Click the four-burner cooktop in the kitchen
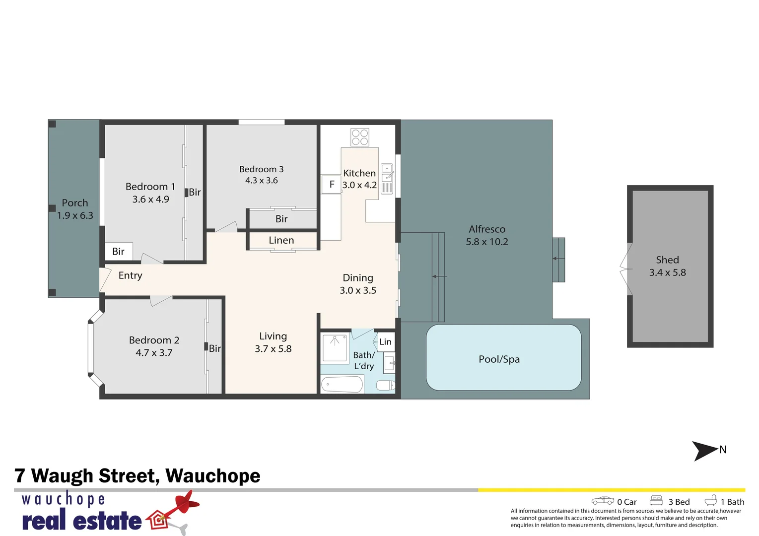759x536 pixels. [x=360, y=137]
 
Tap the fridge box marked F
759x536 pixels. [x=331, y=185]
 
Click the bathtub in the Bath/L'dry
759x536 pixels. [x=342, y=384]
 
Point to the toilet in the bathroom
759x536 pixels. [x=385, y=385]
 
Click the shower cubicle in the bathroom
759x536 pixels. [x=336, y=347]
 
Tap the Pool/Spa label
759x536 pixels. [x=499, y=359]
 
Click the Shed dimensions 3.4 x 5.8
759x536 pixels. [x=667, y=272]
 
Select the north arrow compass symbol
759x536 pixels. [x=705, y=451]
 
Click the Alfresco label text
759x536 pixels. [x=487, y=229]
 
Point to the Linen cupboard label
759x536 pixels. [x=281, y=240]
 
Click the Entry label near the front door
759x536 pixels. [x=130, y=275]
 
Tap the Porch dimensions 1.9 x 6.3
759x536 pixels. [x=75, y=215]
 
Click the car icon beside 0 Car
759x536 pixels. [x=603, y=501]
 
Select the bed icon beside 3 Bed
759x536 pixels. [x=656, y=500]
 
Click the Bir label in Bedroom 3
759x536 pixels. [x=281, y=219]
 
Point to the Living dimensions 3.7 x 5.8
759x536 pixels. [x=273, y=349]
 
